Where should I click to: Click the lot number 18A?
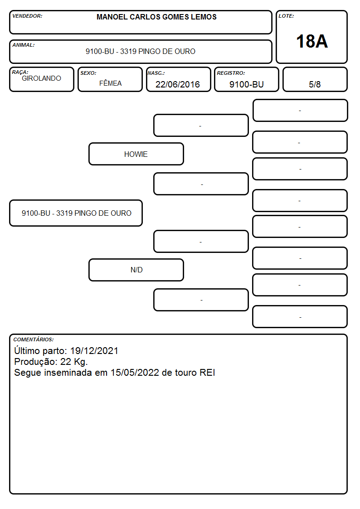[311, 41]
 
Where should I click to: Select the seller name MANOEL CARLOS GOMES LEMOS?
[156, 17]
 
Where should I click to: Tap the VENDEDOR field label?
[27, 16]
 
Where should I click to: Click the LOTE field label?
[286, 16]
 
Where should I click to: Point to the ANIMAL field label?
[24, 45]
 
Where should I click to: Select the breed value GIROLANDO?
[41, 78]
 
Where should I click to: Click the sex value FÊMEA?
[110, 83]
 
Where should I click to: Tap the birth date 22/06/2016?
[178, 84]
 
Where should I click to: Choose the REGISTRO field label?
[231, 73]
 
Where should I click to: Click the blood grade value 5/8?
[315, 84]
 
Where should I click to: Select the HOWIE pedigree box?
[136, 154]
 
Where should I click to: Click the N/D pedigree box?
[136, 270]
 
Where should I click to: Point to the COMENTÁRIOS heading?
[34, 339]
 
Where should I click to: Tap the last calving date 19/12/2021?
[94, 350]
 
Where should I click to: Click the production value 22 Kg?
[74, 362]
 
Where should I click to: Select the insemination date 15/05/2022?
[135, 372]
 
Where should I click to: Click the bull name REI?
[207, 372]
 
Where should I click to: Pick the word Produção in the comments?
[36, 362]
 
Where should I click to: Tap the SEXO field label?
[88, 73]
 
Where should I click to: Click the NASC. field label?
[156, 73]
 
